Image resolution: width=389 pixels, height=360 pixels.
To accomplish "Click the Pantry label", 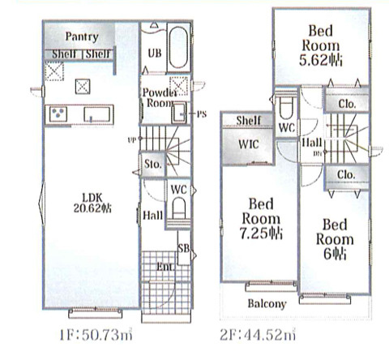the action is pyautogui.click(x=82, y=36).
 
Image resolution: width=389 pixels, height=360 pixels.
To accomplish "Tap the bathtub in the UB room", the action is pyautogui.click(x=178, y=48).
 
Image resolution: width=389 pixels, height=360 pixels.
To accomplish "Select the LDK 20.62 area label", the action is pyautogui.click(x=92, y=203).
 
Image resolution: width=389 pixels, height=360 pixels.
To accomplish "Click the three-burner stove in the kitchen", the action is pyautogui.click(x=58, y=114).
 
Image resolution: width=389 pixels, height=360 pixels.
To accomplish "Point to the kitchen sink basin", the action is pyautogui.click(x=97, y=114).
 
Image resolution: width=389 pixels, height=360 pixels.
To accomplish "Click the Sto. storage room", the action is pyautogui.click(x=153, y=165).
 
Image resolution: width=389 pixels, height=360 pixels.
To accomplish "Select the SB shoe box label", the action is pyautogui.click(x=184, y=248).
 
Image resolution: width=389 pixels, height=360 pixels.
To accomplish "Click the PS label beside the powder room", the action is pyautogui.click(x=202, y=114).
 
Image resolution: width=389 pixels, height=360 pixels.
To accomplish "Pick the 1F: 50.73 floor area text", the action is pyautogui.click(x=96, y=335).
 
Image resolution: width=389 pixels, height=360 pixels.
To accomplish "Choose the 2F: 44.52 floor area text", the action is pyautogui.click(x=258, y=335).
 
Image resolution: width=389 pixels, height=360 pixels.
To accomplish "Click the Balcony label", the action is pyautogui.click(x=267, y=304).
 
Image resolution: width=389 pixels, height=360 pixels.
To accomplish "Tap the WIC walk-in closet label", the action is pyautogui.click(x=249, y=144).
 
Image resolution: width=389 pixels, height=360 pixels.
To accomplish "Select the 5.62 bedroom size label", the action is pyautogui.click(x=321, y=60).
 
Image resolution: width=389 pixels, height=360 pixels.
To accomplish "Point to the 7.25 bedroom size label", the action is pyautogui.click(x=261, y=233).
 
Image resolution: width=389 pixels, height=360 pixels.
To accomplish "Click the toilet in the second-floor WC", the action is pyautogui.click(x=286, y=108).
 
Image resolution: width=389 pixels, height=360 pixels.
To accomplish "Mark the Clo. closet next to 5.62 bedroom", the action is pyautogui.click(x=347, y=103).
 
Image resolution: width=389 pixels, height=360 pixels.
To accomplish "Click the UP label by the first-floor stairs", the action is pyautogui.click(x=131, y=140).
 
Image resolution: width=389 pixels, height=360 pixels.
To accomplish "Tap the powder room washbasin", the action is pyautogui.click(x=179, y=113).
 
